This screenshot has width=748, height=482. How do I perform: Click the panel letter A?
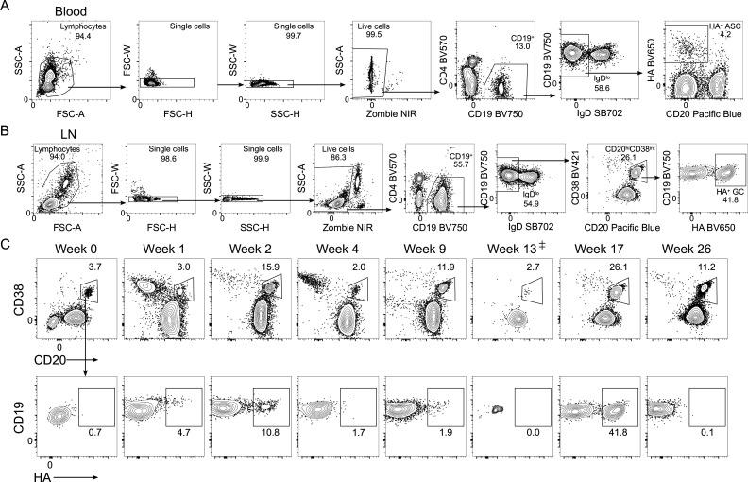pyautogui.click(x=8, y=8)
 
